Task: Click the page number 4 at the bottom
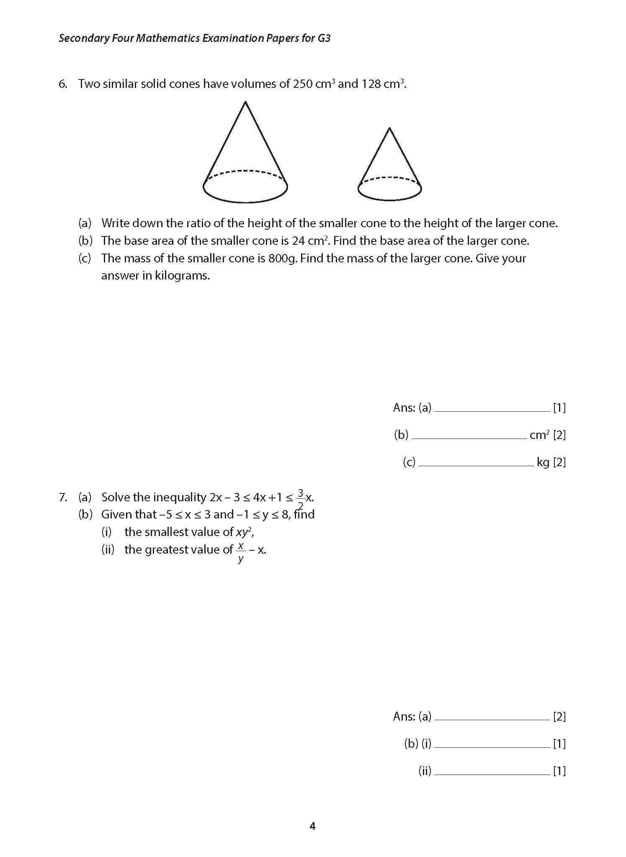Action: (312, 826)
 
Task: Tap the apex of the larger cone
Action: (245, 102)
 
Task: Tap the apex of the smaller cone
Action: (390, 128)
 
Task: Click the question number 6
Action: (63, 84)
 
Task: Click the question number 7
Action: (63, 497)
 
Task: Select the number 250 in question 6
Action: (302, 84)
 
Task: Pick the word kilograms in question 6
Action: (182, 276)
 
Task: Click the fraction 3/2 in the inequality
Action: (300, 499)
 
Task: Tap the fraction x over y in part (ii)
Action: (240, 552)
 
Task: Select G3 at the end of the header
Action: (324, 38)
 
